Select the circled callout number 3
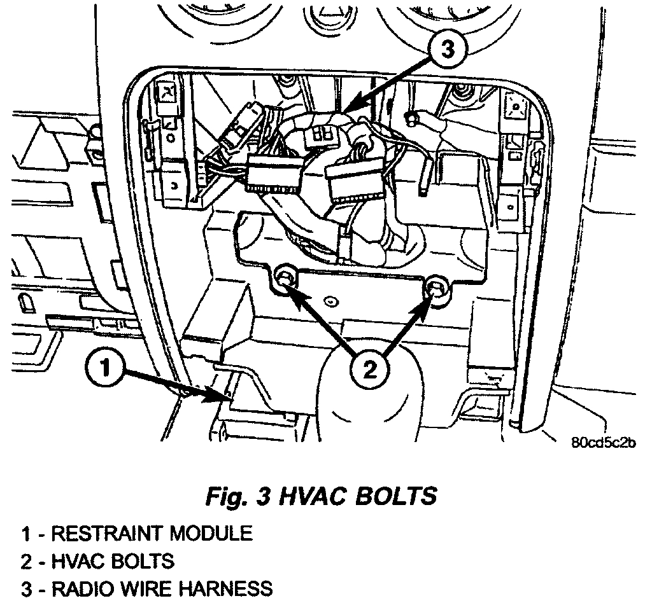pyautogui.click(x=448, y=50)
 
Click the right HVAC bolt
pyautogui.click(x=436, y=288)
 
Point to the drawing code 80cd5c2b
pyautogui.click(x=604, y=443)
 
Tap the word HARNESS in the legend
pyautogui.click(x=222, y=589)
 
